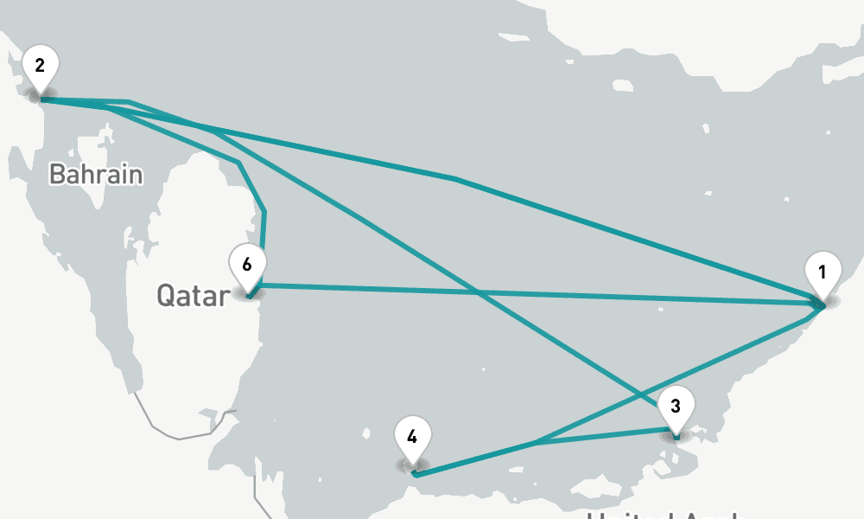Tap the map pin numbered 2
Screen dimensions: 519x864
click(x=39, y=66)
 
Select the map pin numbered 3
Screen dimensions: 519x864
click(x=676, y=406)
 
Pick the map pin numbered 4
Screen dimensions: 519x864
click(x=412, y=437)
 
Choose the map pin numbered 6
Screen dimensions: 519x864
click(x=248, y=265)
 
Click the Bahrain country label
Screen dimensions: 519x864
click(x=95, y=174)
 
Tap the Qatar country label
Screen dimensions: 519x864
click(x=193, y=295)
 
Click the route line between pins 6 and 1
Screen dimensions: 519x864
click(x=605, y=297)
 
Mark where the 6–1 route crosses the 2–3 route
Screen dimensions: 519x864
click(x=479, y=292)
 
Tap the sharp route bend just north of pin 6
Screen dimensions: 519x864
click(x=264, y=211)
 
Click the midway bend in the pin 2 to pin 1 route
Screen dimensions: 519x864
click(x=455, y=179)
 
